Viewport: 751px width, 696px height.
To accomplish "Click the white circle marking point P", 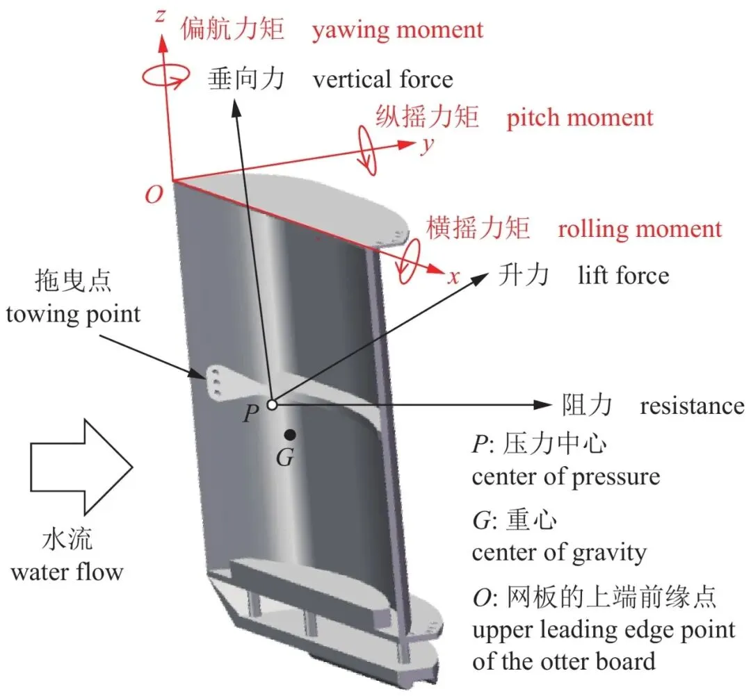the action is [272, 405].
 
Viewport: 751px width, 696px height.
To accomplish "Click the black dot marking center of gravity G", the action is [290, 434].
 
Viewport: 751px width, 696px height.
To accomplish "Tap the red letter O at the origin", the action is [154, 194].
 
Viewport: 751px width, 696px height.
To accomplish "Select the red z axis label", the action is [161, 15].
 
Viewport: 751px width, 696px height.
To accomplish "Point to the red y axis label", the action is [428, 145].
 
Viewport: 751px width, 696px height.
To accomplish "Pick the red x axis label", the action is [453, 277].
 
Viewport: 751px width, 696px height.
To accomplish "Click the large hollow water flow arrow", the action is [81, 467].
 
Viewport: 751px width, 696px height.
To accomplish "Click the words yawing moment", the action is [398, 31].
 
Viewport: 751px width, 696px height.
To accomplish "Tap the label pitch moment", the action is [580, 118].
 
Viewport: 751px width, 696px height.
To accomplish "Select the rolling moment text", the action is [640, 229].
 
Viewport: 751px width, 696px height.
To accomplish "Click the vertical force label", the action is [382, 79].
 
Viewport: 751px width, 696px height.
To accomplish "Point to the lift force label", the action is [623, 276].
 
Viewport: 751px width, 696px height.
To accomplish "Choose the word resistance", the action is [692, 406].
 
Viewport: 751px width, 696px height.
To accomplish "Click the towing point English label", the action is [73, 315].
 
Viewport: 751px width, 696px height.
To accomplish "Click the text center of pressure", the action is [565, 477].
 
